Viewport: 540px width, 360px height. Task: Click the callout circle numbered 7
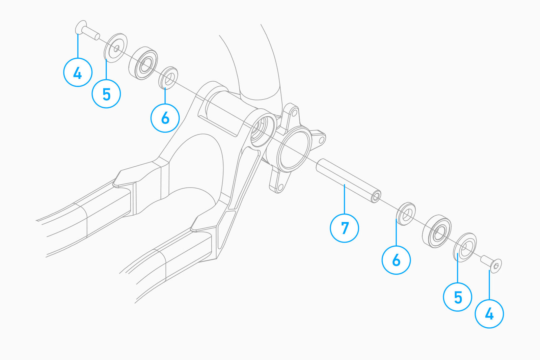click(x=344, y=228)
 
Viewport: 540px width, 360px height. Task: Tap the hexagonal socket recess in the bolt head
click(x=496, y=266)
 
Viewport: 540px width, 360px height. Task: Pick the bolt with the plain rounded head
click(x=87, y=30)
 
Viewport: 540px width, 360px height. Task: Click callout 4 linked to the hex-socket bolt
click(x=489, y=314)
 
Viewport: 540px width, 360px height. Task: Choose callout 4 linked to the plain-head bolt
click(x=78, y=72)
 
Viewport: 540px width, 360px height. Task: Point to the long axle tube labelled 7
click(x=349, y=181)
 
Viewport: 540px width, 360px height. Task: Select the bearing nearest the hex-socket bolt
click(x=437, y=231)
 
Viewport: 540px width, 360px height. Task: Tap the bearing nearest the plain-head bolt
click(x=143, y=63)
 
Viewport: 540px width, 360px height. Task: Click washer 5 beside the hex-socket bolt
click(x=465, y=247)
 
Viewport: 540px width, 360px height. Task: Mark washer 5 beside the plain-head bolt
click(x=116, y=48)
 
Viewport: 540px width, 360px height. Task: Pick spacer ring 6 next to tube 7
click(x=406, y=214)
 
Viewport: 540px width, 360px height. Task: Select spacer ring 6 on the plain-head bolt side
click(x=168, y=78)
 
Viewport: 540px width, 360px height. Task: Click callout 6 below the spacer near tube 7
click(x=396, y=260)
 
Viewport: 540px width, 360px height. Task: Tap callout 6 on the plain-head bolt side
click(x=165, y=118)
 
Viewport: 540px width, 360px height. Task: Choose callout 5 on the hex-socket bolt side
click(x=458, y=297)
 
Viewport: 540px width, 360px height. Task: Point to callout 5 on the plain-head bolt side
click(x=106, y=93)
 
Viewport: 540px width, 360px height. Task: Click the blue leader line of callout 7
click(x=345, y=199)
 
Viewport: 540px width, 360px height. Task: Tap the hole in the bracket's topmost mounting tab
click(x=294, y=113)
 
